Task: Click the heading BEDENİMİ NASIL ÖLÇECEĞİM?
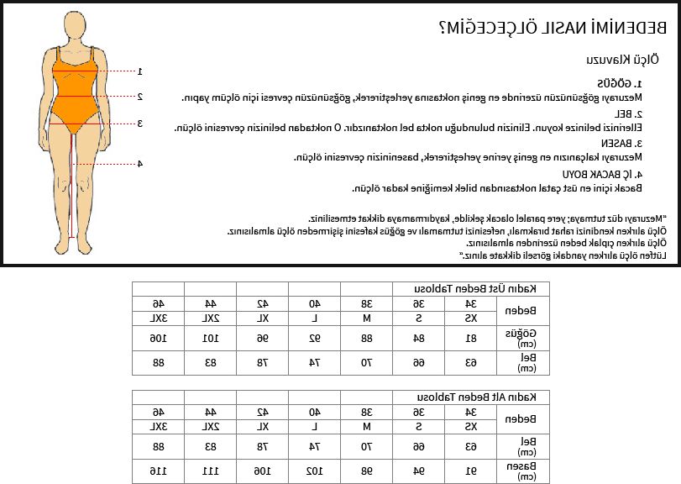pos(553,28)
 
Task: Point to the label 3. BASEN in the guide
pos(623,143)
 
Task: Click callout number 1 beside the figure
pos(140,71)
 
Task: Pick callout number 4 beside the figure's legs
pos(140,164)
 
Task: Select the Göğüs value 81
pos(471,339)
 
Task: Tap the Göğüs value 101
pos(209,339)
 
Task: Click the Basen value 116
pos(157,470)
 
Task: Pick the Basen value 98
pos(366,470)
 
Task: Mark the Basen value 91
pos(471,470)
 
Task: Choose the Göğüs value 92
pos(314,339)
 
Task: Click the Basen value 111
pos(209,470)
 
